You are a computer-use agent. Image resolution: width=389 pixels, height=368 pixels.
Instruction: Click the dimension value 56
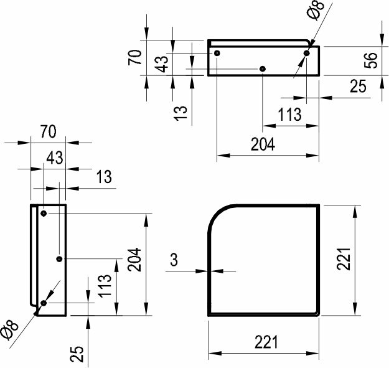point(370,60)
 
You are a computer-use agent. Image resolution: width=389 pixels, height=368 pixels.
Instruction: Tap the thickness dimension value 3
point(174,260)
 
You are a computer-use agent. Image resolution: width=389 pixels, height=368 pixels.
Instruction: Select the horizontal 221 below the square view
point(266,342)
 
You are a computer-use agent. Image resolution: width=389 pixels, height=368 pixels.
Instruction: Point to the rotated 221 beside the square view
point(344,259)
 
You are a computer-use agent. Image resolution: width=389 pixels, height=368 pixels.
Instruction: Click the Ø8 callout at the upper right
point(316,10)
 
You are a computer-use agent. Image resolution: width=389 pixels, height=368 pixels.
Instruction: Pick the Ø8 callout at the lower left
point(9,329)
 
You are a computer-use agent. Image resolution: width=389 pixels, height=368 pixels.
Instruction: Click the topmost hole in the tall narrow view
point(44,214)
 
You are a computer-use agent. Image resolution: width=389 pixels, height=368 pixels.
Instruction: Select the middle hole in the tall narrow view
point(59,259)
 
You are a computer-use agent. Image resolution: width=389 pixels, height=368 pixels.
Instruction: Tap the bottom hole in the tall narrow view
point(44,303)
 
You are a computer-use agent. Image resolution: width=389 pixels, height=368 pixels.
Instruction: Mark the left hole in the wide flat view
point(217,53)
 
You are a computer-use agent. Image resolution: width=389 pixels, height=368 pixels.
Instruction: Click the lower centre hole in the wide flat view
point(263,68)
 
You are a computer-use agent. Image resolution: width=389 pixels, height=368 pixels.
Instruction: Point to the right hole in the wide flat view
point(307,53)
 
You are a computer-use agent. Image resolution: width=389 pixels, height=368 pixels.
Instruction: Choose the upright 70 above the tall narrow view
point(49,131)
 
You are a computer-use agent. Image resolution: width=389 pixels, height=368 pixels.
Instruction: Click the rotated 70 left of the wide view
point(134,57)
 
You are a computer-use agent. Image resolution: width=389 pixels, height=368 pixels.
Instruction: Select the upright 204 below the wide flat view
point(263,144)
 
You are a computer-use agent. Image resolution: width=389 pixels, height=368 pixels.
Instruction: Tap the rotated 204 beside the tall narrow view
point(134,260)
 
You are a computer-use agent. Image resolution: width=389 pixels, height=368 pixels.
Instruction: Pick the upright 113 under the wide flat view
point(289,115)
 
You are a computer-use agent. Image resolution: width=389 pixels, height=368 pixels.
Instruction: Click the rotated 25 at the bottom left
point(77,354)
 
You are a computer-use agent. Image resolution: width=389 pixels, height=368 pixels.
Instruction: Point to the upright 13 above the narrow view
point(104,177)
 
